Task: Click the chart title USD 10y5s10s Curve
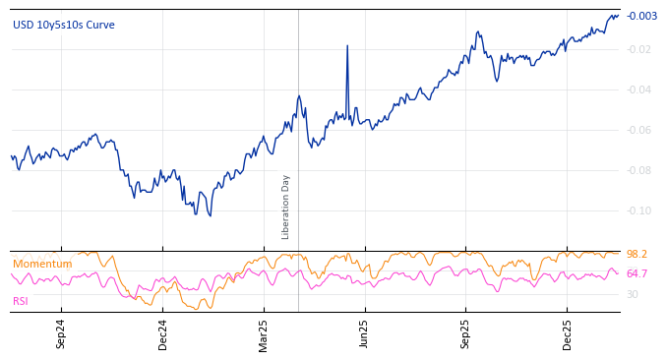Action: click(x=63, y=25)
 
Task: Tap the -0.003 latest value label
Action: click(x=641, y=16)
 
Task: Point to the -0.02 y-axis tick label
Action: click(x=640, y=50)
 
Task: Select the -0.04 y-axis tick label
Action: click(x=640, y=90)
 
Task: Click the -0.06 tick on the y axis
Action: click(x=640, y=131)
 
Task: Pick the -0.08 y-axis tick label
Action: click(x=640, y=171)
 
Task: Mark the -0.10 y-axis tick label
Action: click(x=640, y=210)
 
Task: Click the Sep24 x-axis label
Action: click(x=61, y=333)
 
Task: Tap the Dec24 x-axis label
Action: click(x=163, y=333)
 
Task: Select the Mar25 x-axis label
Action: click(x=264, y=333)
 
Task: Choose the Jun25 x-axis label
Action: click(x=365, y=333)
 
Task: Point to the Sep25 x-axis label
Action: click(x=466, y=333)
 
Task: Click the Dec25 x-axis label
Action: click(x=568, y=333)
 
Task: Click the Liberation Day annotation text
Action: click(x=286, y=207)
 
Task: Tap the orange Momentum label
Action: click(x=42, y=265)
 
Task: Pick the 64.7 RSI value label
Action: click(x=637, y=274)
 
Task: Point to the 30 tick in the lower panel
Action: click(x=633, y=294)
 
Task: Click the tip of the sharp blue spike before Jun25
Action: click(x=347, y=45)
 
